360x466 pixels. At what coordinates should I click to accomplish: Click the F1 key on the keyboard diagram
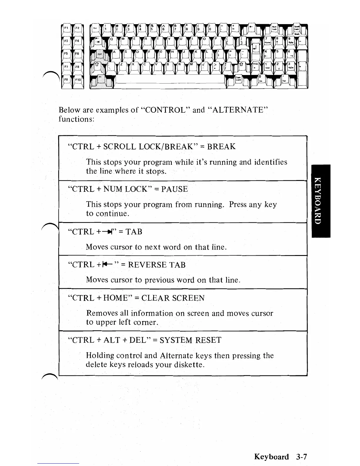pyautogui.click(x=66, y=28)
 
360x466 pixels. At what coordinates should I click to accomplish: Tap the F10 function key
pyautogui.click(x=78, y=80)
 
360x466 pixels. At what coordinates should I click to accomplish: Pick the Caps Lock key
pyautogui.click(x=238, y=79)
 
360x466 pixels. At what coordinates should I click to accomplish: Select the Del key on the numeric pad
pyautogui.click(x=284, y=80)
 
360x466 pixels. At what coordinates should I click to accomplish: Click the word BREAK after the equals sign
pyautogui.click(x=221, y=147)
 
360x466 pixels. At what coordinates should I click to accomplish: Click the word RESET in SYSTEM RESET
pyautogui.click(x=208, y=340)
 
